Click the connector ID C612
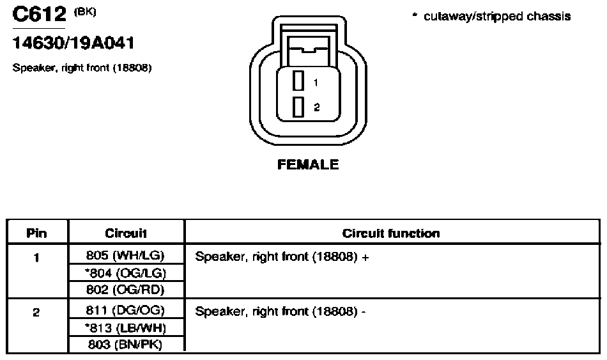39,14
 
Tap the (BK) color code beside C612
85,12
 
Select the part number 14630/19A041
73,43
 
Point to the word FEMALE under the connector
308,165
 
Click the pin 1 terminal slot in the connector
298,81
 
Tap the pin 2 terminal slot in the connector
298,107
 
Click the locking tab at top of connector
309,46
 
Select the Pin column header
37,233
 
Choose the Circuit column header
126,233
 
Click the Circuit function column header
391,233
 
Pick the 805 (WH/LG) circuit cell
125,255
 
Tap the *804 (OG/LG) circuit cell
125,273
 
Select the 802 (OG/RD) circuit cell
125,290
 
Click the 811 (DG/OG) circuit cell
125,310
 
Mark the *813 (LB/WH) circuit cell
125,328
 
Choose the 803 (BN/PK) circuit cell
125,345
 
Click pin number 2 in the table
36,312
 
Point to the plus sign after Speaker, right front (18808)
365,257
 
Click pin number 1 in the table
36,258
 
